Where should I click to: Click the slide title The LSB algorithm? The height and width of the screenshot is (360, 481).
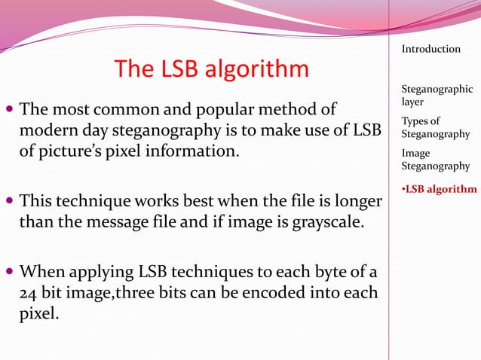click(211, 69)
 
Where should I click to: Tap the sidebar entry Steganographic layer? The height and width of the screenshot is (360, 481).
click(437, 95)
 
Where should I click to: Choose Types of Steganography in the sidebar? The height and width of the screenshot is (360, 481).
click(436, 128)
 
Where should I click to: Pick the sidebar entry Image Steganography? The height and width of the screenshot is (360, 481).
click(436, 160)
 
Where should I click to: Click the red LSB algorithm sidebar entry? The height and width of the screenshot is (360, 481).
click(440, 188)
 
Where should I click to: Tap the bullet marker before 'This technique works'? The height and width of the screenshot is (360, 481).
click(9, 202)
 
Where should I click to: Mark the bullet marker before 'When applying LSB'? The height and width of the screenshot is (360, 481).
click(9, 270)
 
